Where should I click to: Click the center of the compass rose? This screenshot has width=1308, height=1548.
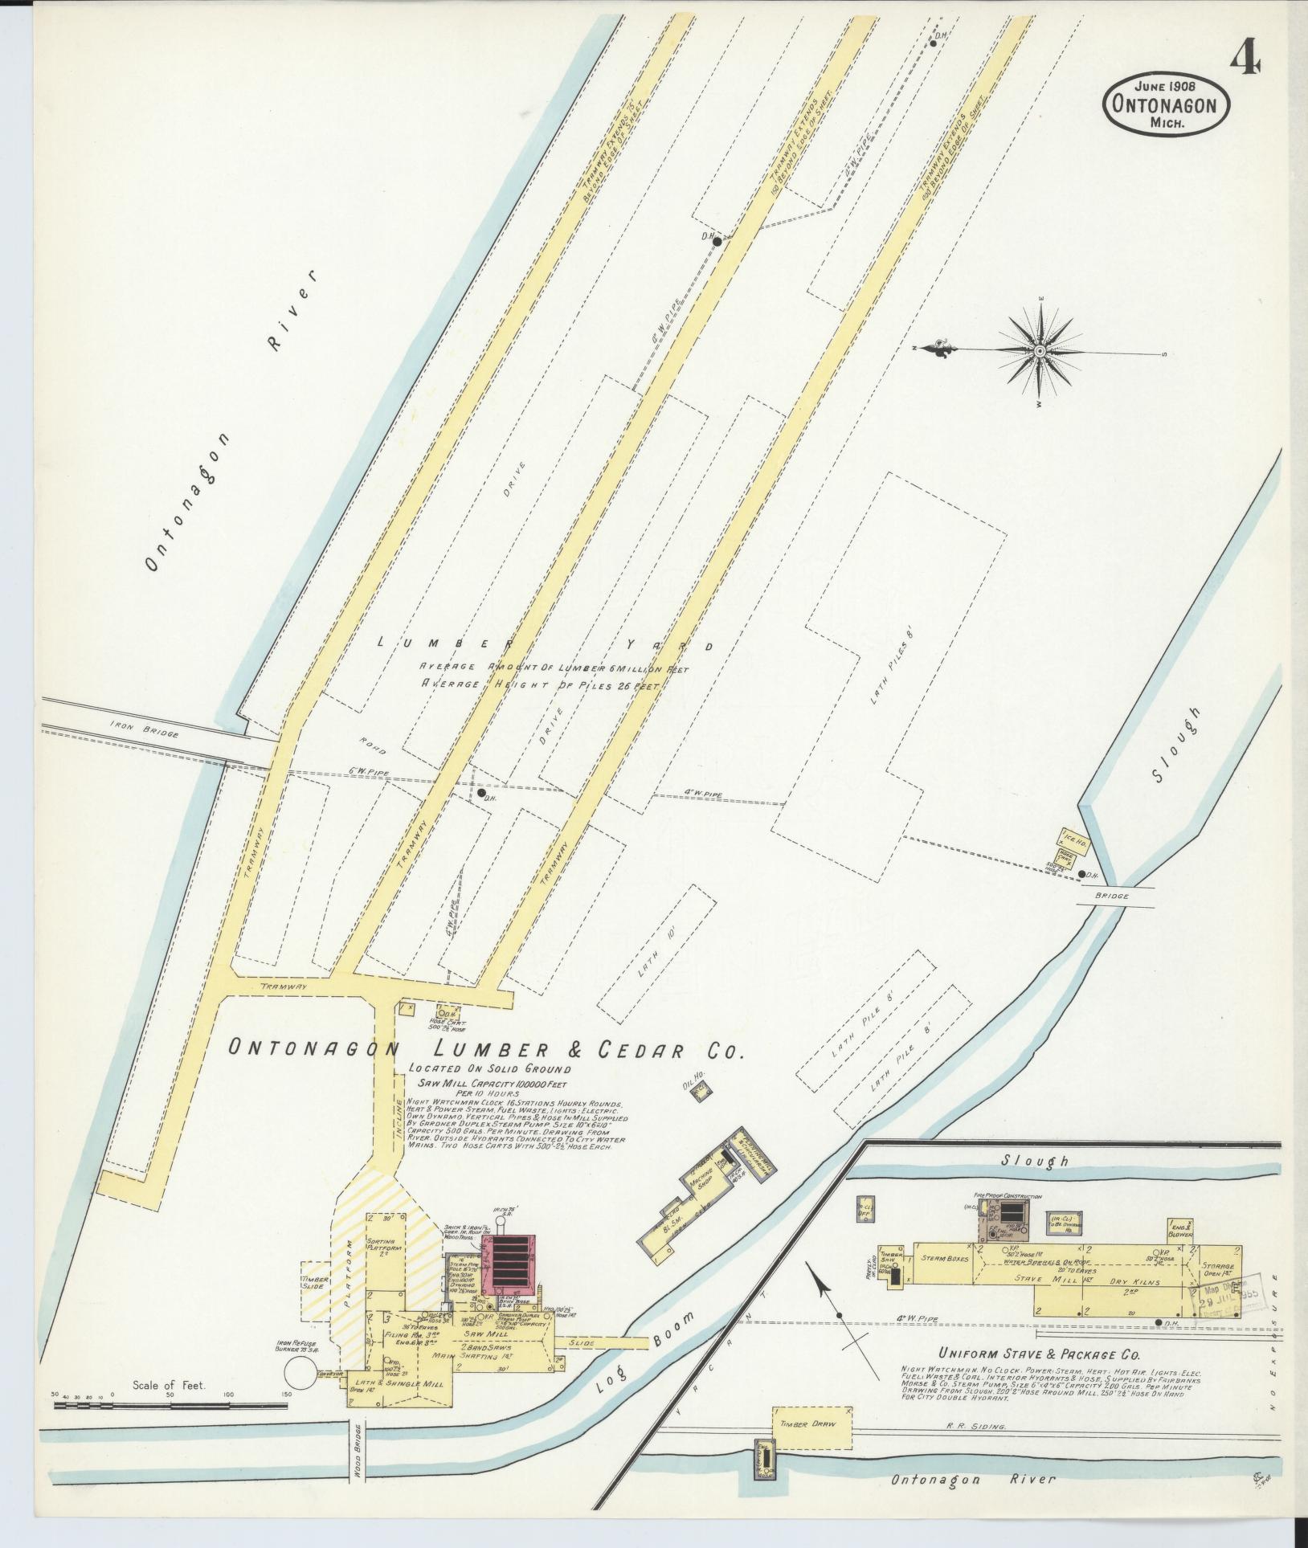click(x=1040, y=351)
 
